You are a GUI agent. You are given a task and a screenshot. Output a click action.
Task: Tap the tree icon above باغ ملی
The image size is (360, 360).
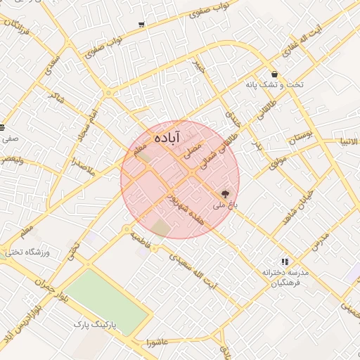click(226, 193)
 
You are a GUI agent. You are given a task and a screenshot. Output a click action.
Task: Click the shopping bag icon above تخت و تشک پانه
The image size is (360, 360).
click(274, 74)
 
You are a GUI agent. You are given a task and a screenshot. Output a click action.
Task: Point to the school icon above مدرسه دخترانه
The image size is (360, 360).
click(285, 261)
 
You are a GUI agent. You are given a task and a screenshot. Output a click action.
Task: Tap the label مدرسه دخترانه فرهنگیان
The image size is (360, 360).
click(283, 276)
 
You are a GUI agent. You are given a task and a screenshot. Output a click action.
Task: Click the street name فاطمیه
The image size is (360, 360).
click(142, 236)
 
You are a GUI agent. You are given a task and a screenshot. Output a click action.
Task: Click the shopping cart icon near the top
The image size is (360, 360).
click(142, 25)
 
